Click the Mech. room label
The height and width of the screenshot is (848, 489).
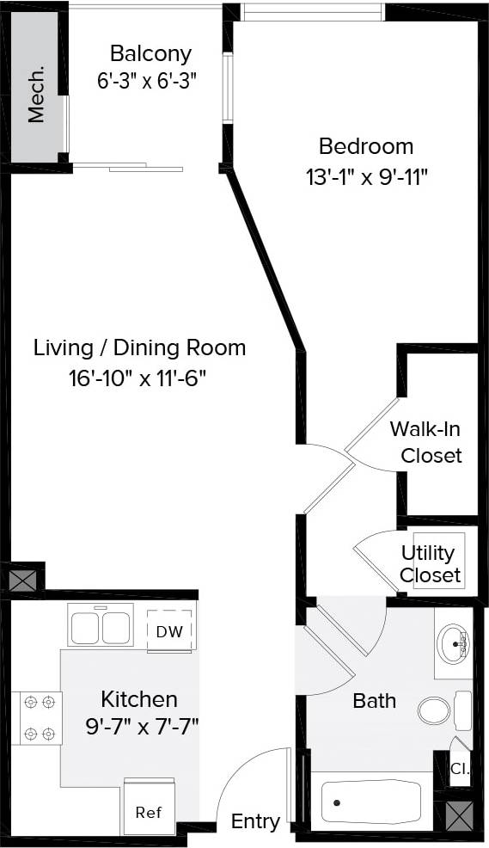pyautogui.click(x=36, y=104)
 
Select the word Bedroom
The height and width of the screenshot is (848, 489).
pyautogui.click(x=366, y=146)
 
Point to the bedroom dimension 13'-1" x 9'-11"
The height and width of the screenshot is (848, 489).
pyautogui.click(x=366, y=177)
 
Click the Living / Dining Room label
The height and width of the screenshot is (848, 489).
pyautogui.click(x=140, y=348)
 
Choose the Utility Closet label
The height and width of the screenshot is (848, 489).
pyautogui.click(x=430, y=564)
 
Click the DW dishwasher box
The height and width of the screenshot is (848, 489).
pyautogui.click(x=169, y=631)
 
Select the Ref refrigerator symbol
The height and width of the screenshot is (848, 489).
pyautogui.click(x=149, y=811)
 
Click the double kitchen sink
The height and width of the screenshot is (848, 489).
pyautogui.click(x=101, y=624)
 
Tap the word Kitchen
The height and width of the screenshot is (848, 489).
pyautogui.click(x=139, y=698)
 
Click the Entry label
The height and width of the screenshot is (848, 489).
pyautogui.click(x=255, y=822)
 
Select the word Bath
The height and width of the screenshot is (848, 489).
pyautogui.click(x=375, y=700)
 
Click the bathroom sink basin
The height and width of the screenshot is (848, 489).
pyautogui.click(x=453, y=642)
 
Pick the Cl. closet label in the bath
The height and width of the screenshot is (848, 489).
pyautogui.click(x=460, y=770)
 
